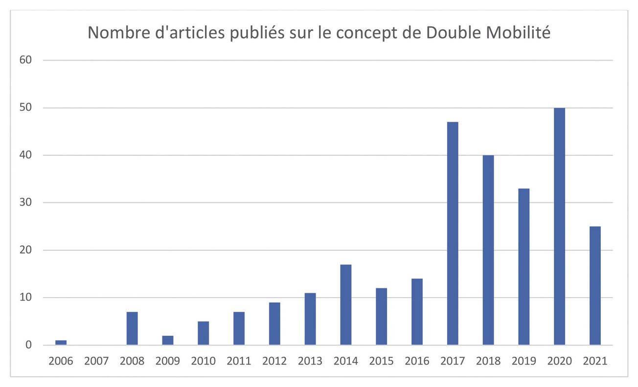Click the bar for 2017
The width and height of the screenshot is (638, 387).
(453, 234)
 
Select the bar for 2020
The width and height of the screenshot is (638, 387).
(559, 226)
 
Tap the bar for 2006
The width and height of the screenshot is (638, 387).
(61, 343)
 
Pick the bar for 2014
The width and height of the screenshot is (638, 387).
(345, 305)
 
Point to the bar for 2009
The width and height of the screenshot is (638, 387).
(167, 340)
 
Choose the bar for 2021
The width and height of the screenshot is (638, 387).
(595, 286)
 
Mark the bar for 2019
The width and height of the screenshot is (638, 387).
(524, 267)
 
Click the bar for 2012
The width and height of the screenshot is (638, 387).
(274, 323)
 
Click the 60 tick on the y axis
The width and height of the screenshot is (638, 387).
(25, 61)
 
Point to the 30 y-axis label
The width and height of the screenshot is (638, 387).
(25, 203)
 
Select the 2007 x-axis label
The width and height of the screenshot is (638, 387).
(96, 362)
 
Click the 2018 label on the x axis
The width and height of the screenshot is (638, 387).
(488, 362)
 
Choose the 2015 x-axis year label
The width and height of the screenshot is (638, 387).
(381, 362)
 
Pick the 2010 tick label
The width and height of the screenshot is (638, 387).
(203, 362)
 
